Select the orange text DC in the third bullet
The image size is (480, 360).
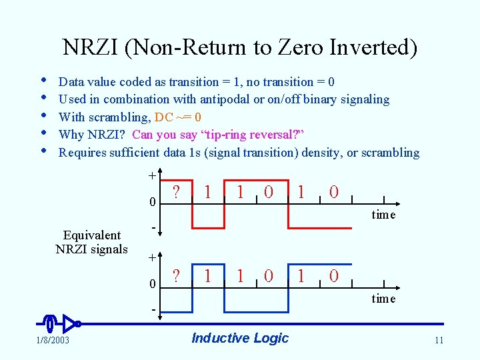point(163,117)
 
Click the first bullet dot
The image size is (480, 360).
point(43,80)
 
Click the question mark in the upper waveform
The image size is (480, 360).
point(176,192)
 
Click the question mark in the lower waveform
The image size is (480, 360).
point(176,275)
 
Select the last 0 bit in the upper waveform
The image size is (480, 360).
point(334,192)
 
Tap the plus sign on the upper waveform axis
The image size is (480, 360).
point(152,175)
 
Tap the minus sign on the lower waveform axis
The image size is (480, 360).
point(152,311)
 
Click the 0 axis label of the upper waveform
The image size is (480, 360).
point(152,201)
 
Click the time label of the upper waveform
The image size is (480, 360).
point(383,215)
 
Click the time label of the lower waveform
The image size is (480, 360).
point(383,299)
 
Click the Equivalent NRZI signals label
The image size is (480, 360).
point(91,242)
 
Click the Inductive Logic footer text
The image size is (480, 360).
point(240,338)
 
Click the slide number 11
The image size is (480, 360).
point(438,341)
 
